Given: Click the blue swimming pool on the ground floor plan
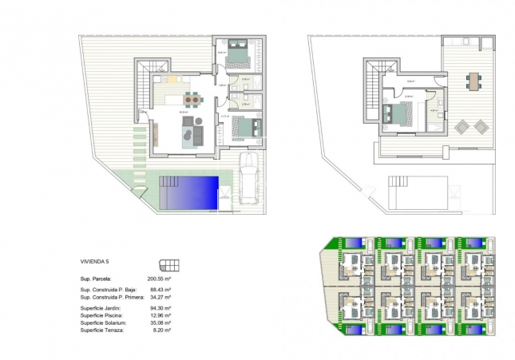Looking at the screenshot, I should pyautogui.click(x=189, y=192).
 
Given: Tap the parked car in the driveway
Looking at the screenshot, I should pyautogui.click(x=249, y=180).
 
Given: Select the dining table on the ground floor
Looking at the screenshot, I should pyautogui.click(x=192, y=99).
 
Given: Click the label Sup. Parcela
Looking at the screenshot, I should pyautogui.click(x=100, y=276).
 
